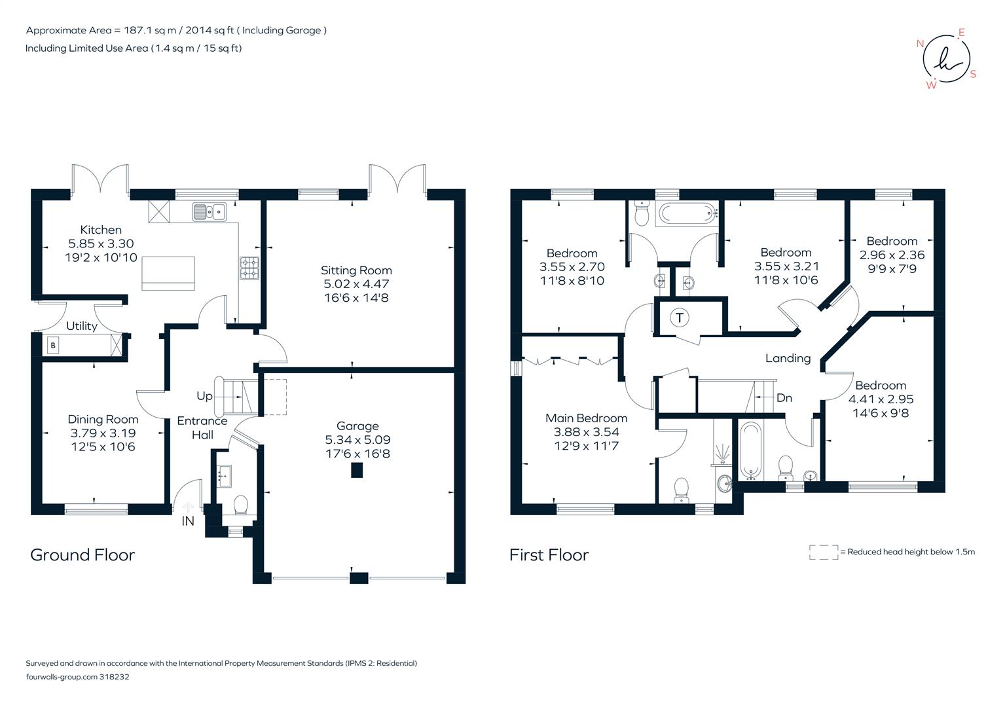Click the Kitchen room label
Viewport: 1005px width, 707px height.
click(x=101, y=230)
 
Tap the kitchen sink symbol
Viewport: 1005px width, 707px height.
click(x=210, y=212)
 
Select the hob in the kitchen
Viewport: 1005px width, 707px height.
click(x=249, y=268)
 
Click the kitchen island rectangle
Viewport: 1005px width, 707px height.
click(x=168, y=273)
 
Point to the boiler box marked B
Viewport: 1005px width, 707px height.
click(x=53, y=345)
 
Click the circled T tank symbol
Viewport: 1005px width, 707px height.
click(x=680, y=318)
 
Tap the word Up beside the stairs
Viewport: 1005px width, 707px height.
click(x=204, y=396)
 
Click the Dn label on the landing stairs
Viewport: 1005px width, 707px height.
click(x=784, y=397)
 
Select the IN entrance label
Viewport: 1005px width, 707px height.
click(x=188, y=521)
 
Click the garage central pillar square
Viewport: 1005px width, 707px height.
click(x=356, y=470)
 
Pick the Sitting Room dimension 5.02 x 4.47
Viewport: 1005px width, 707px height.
click(x=356, y=284)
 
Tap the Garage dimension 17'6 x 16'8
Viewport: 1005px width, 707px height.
click(x=357, y=454)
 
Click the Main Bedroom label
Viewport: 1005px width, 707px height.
click(x=586, y=418)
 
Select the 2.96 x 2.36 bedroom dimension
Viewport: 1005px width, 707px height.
click(x=892, y=255)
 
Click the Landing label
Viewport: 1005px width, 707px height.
click(x=788, y=358)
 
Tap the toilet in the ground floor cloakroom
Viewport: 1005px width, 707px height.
click(x=240, y=505)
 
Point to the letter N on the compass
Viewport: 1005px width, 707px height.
click(x=920, y=44)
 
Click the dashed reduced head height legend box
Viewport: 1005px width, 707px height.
click(x=823, y=552)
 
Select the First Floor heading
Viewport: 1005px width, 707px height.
click(x=549, y=555)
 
